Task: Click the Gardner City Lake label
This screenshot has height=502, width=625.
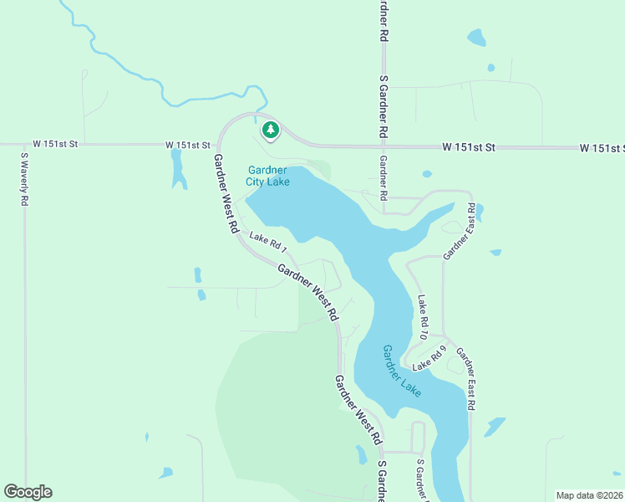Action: point(268,176)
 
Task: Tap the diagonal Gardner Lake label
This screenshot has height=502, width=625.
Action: point(402,371)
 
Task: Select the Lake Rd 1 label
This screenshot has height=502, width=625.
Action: point(267,243)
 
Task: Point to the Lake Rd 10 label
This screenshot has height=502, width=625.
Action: point(423,318)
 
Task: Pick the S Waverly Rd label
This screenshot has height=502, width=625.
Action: point(25,180)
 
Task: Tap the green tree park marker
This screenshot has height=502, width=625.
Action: point(270,131)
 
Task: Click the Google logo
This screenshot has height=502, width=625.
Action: point(28,492)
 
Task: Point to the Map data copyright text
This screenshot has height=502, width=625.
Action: point(590,495)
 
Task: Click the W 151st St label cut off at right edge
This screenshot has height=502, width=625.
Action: point(602,148)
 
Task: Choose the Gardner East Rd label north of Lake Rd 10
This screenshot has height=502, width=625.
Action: point(460,232)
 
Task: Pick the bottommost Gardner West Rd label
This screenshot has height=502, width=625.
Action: point(358,409)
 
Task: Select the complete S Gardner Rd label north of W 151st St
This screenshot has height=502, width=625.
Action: point(383,107)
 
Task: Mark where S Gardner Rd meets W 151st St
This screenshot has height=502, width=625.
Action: point(383,146)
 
